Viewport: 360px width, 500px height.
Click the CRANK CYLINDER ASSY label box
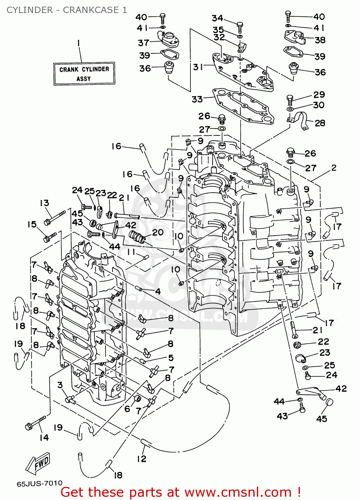tap(84, 74)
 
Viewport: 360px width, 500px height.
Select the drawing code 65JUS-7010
tap(39, 483)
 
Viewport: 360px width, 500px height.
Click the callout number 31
tap(198, 67)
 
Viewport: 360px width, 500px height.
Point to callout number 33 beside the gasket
tap(197, 99)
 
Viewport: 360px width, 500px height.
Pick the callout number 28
tap(320, 123)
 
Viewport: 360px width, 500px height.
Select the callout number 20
tap(158, 232)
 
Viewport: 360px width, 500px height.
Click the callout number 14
tap(44, 437)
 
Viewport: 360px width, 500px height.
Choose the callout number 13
tap(44, 203)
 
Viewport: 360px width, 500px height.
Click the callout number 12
tap(141, 459)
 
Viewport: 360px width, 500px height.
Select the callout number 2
tap(334, 168)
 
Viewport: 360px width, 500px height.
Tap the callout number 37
tap(143, 43)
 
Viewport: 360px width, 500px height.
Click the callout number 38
tap(320, 40)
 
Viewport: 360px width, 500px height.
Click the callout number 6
tap(127, 409)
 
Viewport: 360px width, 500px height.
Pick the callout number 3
tap(60, 385)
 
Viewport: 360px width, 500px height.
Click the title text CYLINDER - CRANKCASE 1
tap(67, 10)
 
